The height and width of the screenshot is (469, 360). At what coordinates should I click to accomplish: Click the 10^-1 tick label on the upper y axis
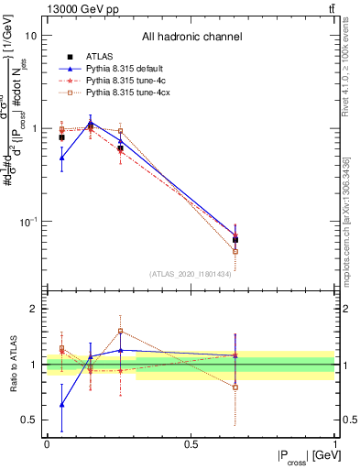click(29, 223)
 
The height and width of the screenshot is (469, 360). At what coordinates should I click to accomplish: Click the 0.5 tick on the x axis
click(191, 443)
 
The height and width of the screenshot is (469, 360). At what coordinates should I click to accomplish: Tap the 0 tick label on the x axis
click(47, 443)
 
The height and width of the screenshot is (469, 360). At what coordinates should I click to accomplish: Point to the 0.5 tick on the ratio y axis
click(30, 420)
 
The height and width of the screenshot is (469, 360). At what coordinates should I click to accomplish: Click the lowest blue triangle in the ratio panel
click(61, 404)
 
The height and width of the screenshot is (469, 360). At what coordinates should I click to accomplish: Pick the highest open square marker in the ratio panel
click(120, 332)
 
